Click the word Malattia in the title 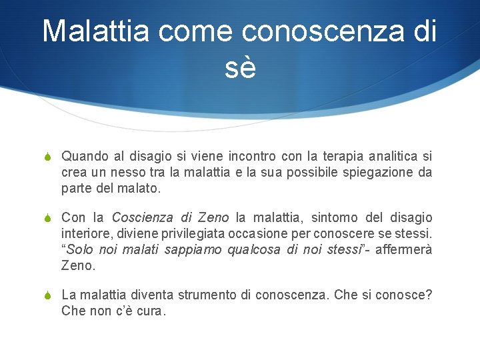click(x=96, y=31)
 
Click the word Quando click(x=85, y=157)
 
